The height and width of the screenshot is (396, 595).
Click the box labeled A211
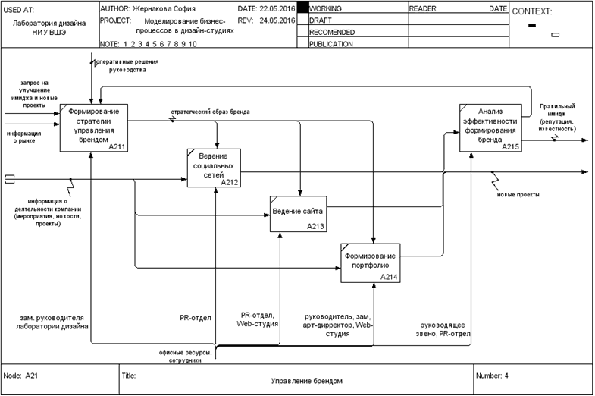[94, 127]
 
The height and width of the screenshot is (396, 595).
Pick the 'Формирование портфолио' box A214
[370, 262]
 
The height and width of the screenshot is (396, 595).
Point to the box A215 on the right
[490, 127]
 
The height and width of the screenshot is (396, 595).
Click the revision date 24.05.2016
[277, 20]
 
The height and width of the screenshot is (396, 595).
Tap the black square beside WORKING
[302, 8]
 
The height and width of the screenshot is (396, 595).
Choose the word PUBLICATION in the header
[331, 44]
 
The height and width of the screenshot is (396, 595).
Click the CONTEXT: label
[532, 11]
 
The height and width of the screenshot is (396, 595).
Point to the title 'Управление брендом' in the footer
[307, 380]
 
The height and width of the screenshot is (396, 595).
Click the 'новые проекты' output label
[518, 194]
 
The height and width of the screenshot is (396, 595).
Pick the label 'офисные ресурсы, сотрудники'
[180, 357]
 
